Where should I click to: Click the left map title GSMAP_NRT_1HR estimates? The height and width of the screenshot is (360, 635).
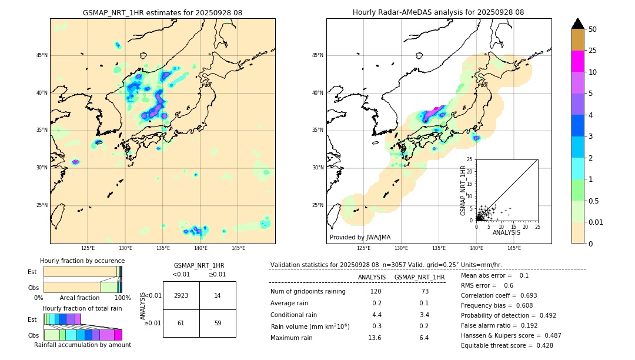click(x=162, y=12)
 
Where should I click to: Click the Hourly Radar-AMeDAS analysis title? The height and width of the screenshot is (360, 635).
click(x=438, y=12)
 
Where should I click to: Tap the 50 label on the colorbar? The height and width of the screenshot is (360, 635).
click(x=593, y=29)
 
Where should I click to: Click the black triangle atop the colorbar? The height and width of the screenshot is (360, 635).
click(x=578, y=24)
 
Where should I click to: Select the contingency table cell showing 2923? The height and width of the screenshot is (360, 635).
click(x=181, y=295)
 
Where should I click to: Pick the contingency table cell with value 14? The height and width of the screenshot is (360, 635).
click(x=218, y=295)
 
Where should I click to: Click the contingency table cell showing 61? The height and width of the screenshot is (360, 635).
click(x=181, y=323)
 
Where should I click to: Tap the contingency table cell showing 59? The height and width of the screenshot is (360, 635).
click(x=218, y=323)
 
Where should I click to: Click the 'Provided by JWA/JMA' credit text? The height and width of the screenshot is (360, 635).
click(x=360, y=237)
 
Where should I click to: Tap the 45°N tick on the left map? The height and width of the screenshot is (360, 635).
click(x=41, y=55)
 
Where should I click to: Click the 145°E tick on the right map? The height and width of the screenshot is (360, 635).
click(x=514, y=248)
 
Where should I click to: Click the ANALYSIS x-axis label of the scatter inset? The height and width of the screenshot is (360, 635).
click(x=506, y=232)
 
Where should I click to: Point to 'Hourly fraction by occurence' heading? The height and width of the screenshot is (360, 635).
click(x=82, y=261)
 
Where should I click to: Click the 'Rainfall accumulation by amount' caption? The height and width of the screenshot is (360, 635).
click(x=82, y=345)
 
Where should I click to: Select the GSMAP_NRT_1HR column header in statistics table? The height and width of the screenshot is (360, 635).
click(x=419, y=277)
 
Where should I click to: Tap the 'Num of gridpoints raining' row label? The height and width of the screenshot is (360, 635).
click(x=308, y=291)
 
